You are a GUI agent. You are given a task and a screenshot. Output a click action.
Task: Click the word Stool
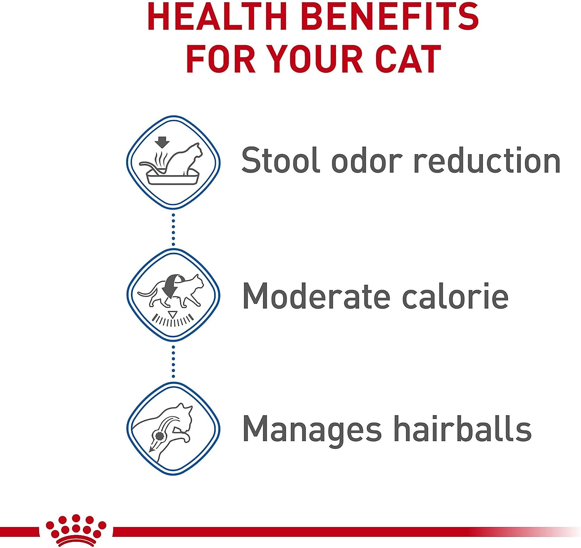click(280, 160)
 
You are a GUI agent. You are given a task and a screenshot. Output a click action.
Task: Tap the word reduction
click(487, 160)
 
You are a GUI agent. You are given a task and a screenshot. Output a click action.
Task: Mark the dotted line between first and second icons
click(173, 229)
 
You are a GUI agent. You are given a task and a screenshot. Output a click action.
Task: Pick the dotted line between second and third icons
click(173, 362)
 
